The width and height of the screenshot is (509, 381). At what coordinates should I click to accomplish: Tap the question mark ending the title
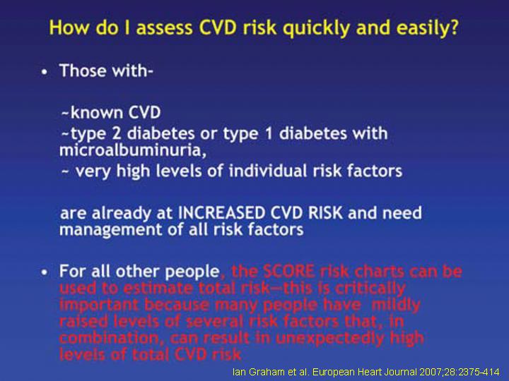(x=454, y=27)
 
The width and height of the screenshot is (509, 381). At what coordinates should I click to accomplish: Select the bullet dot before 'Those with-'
(x=45, y=71)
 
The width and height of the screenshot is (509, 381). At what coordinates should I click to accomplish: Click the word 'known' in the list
(x=97, y=112)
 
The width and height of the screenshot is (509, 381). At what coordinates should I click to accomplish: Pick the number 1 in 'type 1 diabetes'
(x=269, y=133)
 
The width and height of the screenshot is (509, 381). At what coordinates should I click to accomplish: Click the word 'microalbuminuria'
(x=131, y=150)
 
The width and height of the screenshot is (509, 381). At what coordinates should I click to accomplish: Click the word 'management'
(x=111, y=230)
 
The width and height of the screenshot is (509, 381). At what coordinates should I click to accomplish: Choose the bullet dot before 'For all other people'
(x=45, y=272)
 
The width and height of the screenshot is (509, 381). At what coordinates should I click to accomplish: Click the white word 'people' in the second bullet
(x=192, y=272)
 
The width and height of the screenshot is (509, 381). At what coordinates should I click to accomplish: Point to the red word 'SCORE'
(x=288, y=271)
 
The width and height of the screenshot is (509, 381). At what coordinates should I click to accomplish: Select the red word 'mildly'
(x=396, y=305)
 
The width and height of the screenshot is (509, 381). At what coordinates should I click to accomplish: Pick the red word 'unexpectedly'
(x=330, y=338)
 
